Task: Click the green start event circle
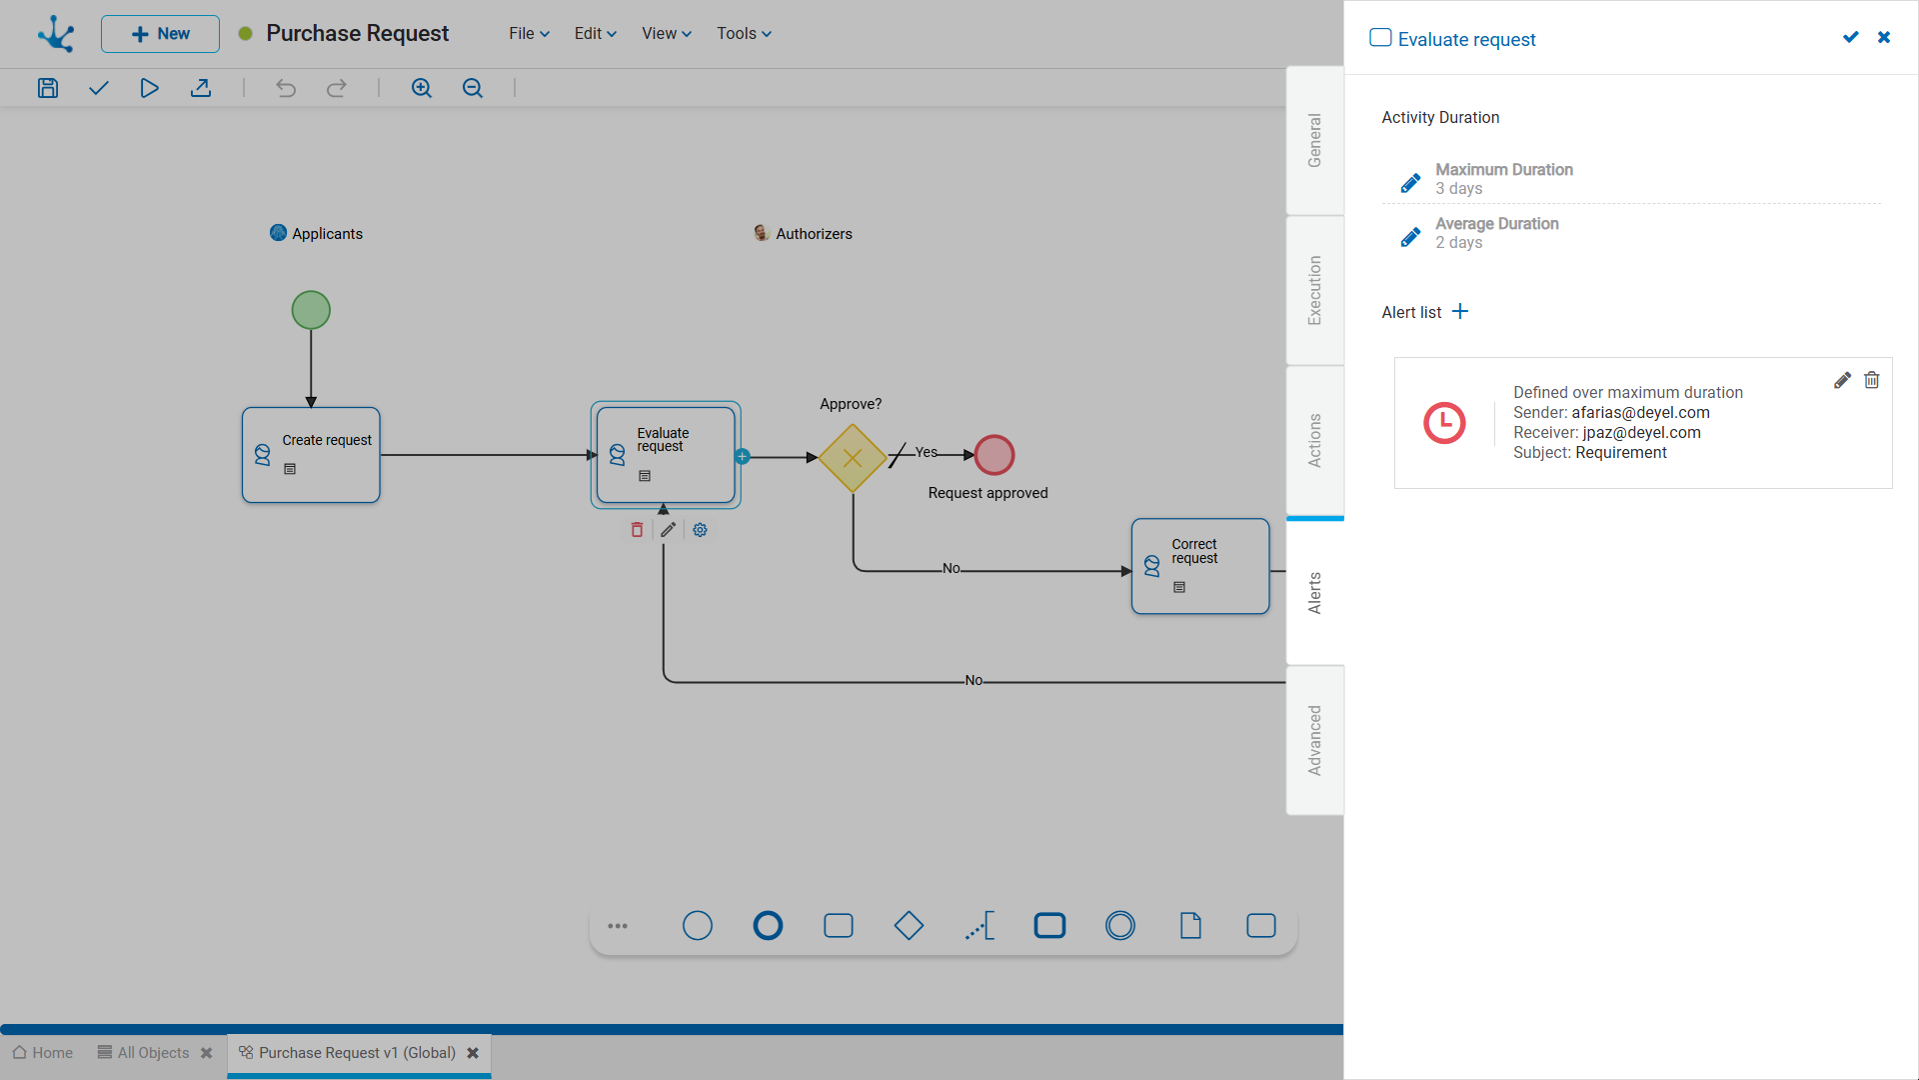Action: (x=311, y=310)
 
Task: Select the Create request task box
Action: (x=311, y=455)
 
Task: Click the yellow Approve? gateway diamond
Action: (x=853, y=458)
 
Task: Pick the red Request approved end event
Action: (x=994, y=455)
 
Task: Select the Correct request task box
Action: (x=1200, y=566)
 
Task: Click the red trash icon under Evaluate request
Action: (x=637, y=530)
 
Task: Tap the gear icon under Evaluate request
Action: (x=701, y=530)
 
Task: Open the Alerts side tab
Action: (x=1315, y=592)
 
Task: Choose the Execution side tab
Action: (x=1315, y=290)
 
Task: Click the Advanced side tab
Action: (x=1315, y=740)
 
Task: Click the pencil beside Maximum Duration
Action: (x=1410, y=183)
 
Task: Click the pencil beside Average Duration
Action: (x=1410, y=237)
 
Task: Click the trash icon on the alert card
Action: (x=1872, y=380)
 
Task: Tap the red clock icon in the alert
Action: (x=1444, y=423)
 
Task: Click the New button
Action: (x=160, y=34)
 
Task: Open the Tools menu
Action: (x=745, y=34)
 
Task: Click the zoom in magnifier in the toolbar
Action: (x=422, y=88)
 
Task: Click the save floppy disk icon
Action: (x=48, y=88)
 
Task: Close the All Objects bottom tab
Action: (x=207, y=1053)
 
